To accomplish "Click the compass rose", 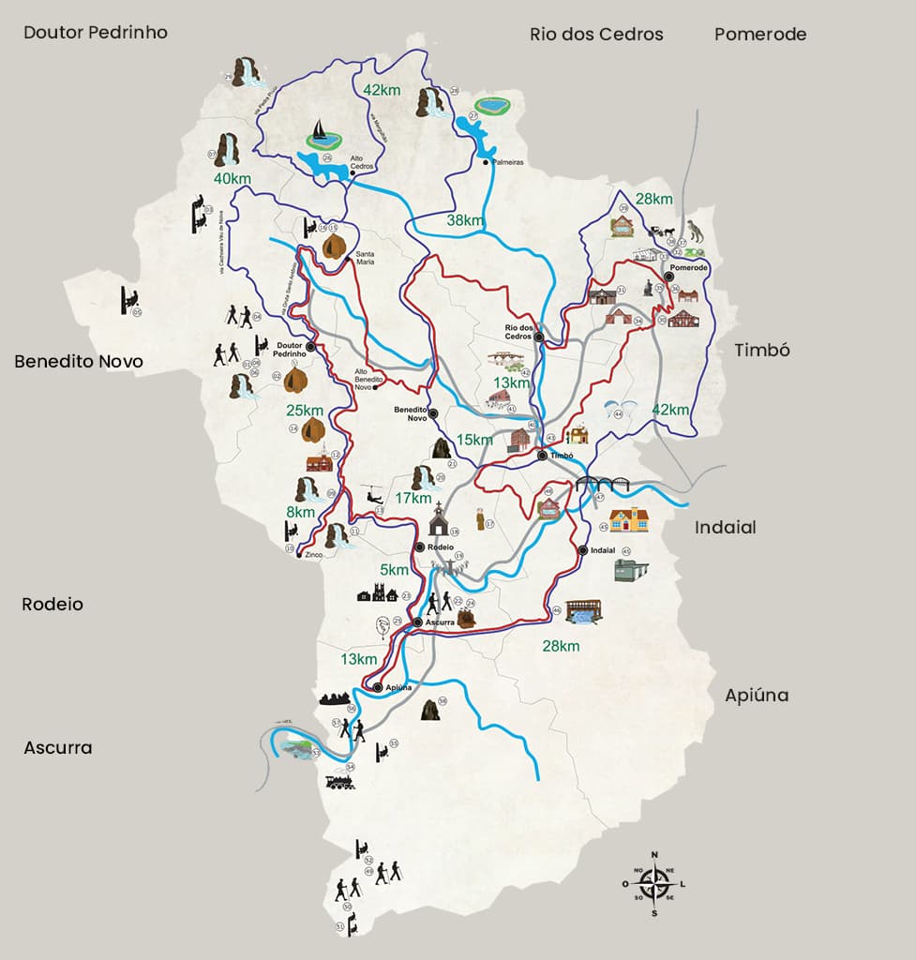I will pos(654,883).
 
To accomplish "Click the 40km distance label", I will pos(232,179).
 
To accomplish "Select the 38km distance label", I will pos(465,220).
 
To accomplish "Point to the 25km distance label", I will pos(305,411).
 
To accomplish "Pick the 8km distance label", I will pos(301,512).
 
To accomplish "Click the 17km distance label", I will pos(413,498).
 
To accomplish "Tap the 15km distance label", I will pos(474,440).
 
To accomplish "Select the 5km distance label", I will pos(394,570).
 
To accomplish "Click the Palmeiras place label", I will pos(506,162).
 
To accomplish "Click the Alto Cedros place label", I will pos(363,163).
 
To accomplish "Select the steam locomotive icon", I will pos(340,781).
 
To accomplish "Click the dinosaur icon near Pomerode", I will pos(694,230).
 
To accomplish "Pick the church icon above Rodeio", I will pos(439,518).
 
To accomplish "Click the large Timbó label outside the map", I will pos(762,350).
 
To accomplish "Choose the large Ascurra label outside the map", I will pos(58,748).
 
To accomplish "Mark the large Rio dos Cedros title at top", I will pos(596,35).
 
